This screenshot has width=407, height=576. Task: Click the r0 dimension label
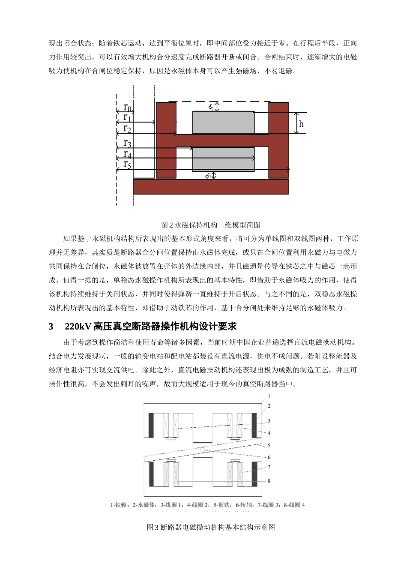[127, 107]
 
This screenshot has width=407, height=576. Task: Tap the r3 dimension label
[127, 143]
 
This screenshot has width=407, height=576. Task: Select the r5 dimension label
[127, 164]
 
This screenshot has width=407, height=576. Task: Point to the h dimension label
[301, 124]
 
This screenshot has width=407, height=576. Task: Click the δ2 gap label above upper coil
[211, 107]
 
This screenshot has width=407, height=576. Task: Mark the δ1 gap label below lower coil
[209, 175]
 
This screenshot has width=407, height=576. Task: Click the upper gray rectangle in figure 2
[223, 122]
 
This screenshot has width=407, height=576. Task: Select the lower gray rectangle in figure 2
[223, 159]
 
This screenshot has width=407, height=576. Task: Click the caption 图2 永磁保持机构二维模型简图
[210, 225]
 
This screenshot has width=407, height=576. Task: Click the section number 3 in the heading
[51, 327]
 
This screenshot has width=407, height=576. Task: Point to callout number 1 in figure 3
[269, 396]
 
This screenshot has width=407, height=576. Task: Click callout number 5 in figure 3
[269, 446]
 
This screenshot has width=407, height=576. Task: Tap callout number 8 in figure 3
[269, 481]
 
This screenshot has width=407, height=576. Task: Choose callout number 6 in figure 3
[269, 457]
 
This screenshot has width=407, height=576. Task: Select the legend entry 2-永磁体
[141, 505]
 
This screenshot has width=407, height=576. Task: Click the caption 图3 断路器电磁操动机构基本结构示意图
[210, 527]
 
